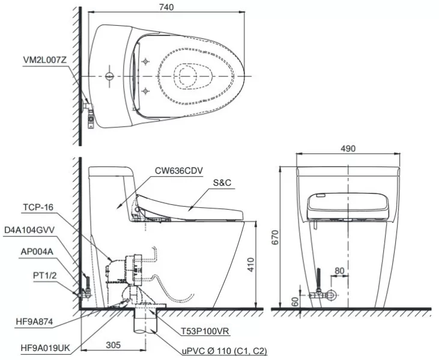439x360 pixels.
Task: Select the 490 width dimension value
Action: pyautogui.click(x=348, y=148)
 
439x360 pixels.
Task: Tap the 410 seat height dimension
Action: pyautogui.click(x=252, y=263)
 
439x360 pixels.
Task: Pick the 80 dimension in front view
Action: pyautogui.click(x=340, y=270)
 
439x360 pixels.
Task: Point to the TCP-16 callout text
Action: pyautogui.click(x=38, y=207)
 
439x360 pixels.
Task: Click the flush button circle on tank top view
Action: pyautogui.click(x=109, y=76)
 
